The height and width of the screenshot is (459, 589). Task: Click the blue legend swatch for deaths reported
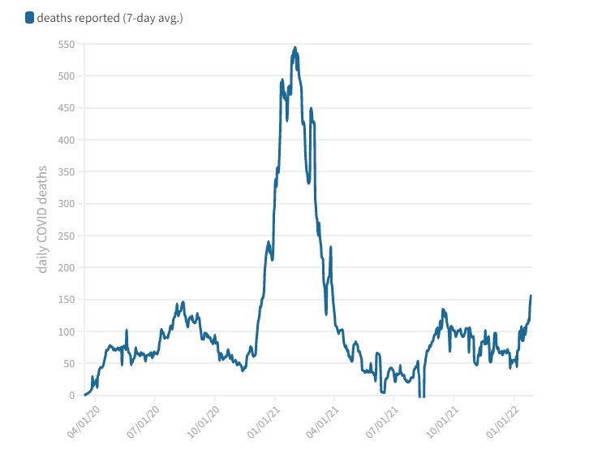tap(29, 18)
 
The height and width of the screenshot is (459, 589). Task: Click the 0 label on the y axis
tap(72, 396)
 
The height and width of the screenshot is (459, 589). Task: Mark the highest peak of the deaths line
tap(294, 48)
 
